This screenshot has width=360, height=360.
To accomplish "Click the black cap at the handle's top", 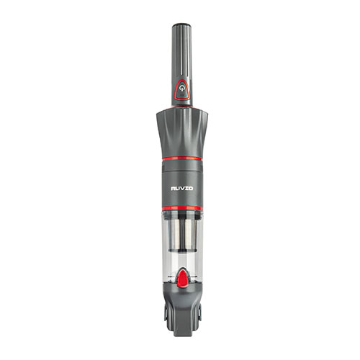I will (180, 27).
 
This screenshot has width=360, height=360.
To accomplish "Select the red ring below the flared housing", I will (180, 156).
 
